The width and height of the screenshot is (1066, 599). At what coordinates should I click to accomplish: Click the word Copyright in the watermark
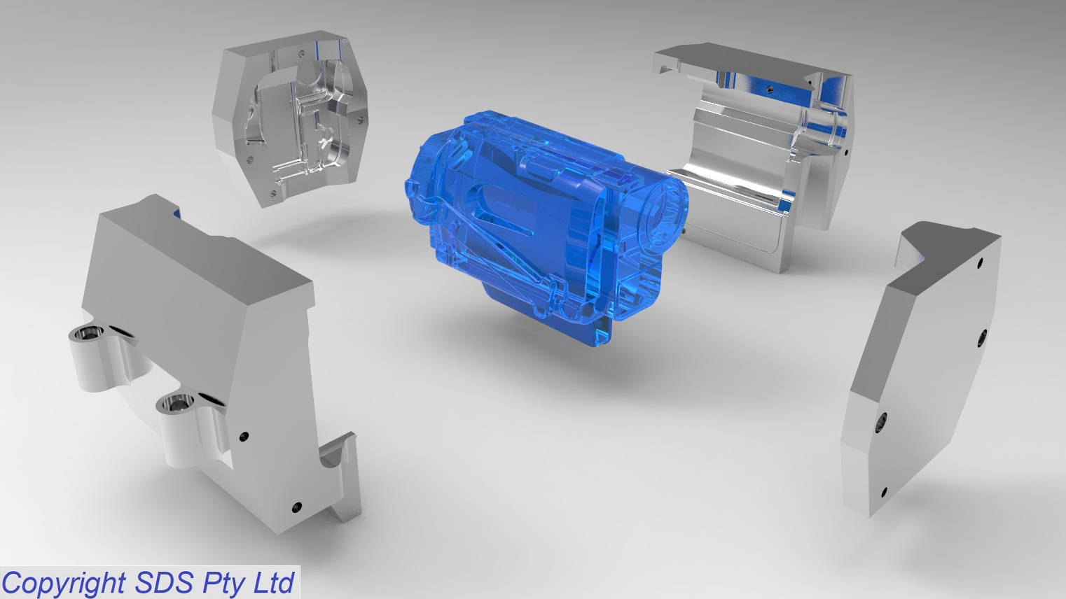(64, 583)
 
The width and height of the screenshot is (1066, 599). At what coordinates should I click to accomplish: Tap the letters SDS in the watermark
(165, 582)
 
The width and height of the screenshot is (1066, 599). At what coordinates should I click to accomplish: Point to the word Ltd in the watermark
(274, 582)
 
